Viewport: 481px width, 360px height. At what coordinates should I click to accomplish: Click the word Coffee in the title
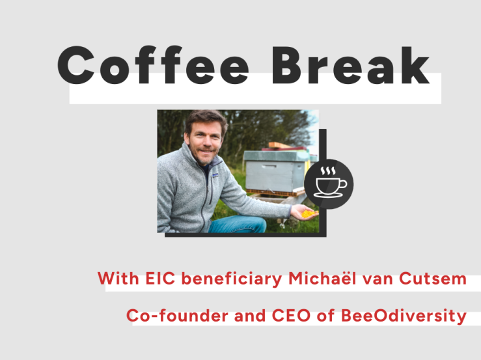[x=153, y=64]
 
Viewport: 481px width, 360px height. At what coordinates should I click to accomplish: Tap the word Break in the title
[x=351, y=64]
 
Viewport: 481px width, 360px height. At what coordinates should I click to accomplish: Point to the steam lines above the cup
[x=328, y=171]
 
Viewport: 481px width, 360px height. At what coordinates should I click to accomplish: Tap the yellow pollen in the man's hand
[x=308, y=214]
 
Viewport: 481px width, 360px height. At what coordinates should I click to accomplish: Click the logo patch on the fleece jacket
[x=215, y=175]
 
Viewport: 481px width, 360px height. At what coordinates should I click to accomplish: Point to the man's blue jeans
[x=238, y=224]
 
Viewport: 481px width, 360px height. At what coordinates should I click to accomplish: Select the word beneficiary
[x=232, y=279]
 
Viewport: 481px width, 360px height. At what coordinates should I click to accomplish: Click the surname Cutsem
[x=433, y=279]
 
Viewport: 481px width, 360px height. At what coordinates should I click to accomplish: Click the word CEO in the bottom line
[x=291, y=316]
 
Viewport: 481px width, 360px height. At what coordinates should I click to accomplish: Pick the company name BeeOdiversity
[x=404, y=316]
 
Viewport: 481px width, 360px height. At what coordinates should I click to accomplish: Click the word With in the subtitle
[x=118, y=279]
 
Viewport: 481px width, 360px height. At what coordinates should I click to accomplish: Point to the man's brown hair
[x=206, y=119]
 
